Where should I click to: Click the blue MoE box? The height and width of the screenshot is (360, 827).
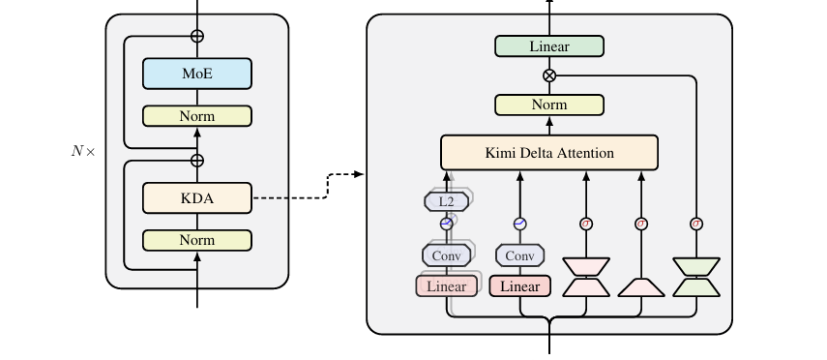pos(197,74)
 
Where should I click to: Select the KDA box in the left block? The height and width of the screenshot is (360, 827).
pos(197,198)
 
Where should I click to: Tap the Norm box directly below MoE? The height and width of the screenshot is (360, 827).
pos(197,115)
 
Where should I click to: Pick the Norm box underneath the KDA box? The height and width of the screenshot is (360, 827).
pos(197,240)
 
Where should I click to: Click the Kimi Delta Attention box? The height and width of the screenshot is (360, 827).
pos(549,153)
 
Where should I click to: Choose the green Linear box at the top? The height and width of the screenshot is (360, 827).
pos(549,45)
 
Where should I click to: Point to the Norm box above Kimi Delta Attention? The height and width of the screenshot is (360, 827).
pos(549,105)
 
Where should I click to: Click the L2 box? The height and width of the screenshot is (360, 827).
pos(446,201)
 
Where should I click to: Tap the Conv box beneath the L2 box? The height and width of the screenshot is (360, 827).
pos(446,255)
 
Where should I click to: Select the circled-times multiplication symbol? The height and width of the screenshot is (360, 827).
pos(549,75)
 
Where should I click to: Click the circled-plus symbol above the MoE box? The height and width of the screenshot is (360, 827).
pos(196,37)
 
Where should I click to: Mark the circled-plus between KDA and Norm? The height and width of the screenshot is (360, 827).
pos(196,161)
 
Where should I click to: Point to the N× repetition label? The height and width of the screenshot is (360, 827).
pos(83,152)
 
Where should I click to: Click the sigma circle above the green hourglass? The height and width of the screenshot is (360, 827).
pos(696,224)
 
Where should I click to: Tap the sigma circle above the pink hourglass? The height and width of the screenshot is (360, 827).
pos(586,224)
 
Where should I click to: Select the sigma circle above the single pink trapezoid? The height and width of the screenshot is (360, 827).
pos(641,224)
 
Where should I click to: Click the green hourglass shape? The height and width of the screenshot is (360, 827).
pos(696,277)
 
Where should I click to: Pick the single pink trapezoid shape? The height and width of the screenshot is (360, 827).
pos(641,287)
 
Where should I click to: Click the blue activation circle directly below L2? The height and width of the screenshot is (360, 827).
pos(446,224)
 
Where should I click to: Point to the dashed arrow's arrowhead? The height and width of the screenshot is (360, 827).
pos(359,174)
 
